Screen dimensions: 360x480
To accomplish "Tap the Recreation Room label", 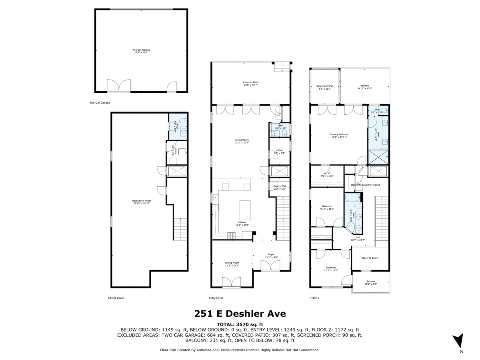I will [142, 202].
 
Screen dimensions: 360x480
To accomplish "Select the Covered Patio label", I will [251, 83].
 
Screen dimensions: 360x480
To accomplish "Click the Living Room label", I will [241, 141].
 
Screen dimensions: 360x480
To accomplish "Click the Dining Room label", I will [232, 264].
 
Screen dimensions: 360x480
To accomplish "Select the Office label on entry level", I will [279, 152].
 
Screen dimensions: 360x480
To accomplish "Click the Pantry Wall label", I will [280, 187].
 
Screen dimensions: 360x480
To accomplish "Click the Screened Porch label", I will [325, 87].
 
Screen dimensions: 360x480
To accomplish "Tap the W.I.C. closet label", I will [327, 174].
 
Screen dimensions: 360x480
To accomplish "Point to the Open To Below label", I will [370, 258].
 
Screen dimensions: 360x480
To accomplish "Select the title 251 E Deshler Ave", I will [240, 314].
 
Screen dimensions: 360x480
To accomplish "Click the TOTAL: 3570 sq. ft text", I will [240, 324].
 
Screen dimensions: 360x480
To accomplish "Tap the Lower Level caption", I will [116, 298].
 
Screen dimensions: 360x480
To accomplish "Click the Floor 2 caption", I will [315, 298].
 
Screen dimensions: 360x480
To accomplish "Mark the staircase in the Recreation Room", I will [180, 229].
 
